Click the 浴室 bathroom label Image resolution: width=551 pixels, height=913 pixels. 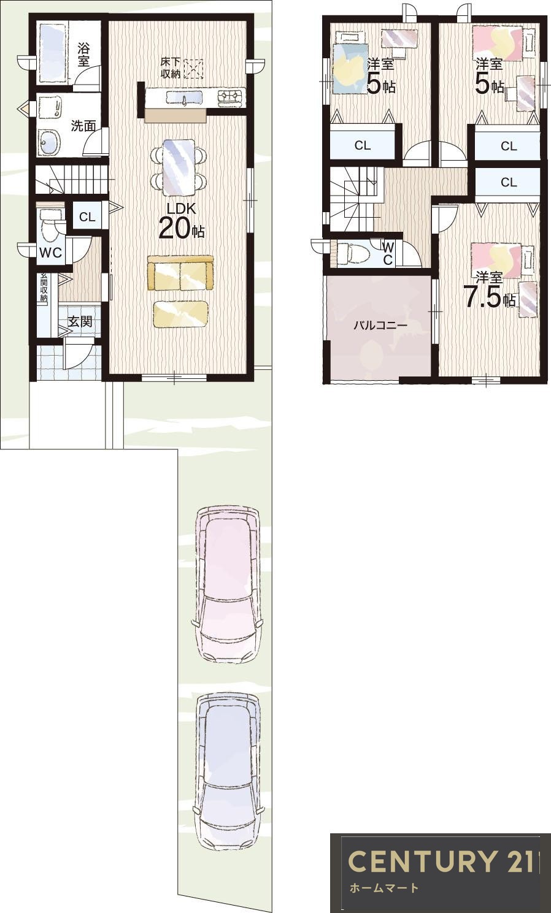tap(83, 55)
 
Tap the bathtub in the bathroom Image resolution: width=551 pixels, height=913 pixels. tap(52, 53)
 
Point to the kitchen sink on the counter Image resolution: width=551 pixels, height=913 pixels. tap(184, 99)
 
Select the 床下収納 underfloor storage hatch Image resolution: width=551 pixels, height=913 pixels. tap(193, 69)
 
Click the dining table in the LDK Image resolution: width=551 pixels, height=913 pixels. tap(179, 167)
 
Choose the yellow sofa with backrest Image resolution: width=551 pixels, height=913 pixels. tap(180, 273)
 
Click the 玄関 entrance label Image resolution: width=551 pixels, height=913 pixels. tap(80, 322)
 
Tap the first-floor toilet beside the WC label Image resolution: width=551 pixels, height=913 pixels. tap(51, 226)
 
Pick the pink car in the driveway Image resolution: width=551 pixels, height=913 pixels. tap(227, 584)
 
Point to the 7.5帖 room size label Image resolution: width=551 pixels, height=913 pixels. tap(489, 299)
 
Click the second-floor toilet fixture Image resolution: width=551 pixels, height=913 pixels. tap(352, 254)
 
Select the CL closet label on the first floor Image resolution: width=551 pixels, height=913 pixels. tap(87, 217)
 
